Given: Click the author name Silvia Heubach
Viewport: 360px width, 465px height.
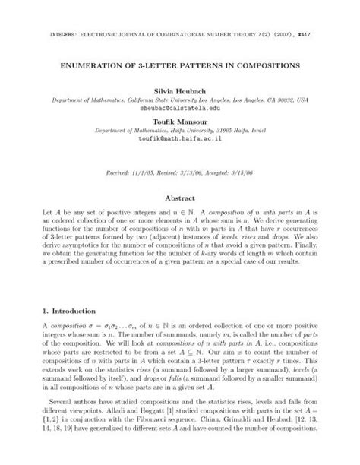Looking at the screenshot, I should [180, 89].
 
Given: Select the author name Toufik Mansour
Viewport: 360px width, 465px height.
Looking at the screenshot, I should [180, 120].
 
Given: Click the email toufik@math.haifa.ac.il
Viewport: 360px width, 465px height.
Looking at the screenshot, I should [180, 140].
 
